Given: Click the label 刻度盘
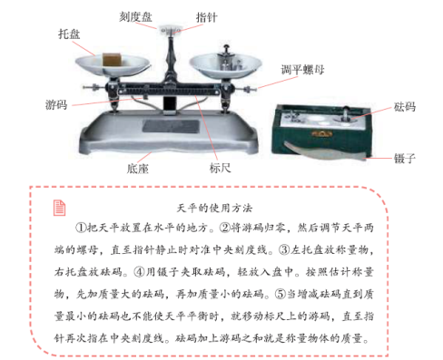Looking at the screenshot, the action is coord(135,16).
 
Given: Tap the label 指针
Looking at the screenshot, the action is coord(206,17).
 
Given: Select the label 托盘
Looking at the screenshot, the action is coord(69,34).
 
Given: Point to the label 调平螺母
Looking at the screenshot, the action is coord(302,70).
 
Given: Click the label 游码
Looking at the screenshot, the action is coord(56,105).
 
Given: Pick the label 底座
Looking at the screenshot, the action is coord(138,169).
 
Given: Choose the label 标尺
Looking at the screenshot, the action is coord(220,168).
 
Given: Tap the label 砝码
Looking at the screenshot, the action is coord(405,107).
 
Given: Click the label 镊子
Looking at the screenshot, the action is coord(405,158).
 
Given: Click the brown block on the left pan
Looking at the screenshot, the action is coord(112,59).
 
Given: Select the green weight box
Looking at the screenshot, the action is coord(321,129).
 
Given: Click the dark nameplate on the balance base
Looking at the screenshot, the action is coord(171,126).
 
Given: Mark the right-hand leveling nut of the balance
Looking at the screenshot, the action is coord(248,89).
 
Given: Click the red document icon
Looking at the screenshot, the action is coord(59,208).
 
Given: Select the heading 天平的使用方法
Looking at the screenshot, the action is coord(214,208).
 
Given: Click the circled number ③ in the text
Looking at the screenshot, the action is coord(284,250).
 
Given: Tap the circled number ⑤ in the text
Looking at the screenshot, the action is coord(281,294).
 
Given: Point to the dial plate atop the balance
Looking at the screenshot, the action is coord(171,30).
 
